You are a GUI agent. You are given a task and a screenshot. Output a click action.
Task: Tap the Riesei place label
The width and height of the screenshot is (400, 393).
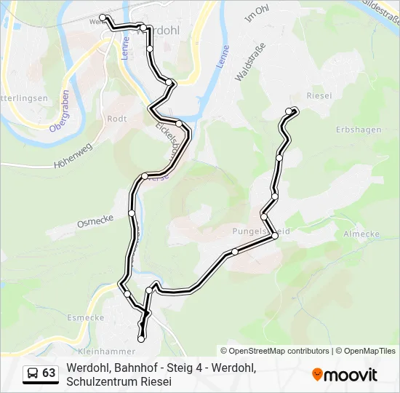tap(319, 95)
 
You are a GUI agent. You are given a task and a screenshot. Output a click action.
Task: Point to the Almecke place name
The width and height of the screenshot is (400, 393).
tap(361, 234)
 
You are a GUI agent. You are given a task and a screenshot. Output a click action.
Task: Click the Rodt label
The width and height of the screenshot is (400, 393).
tap(116, 119)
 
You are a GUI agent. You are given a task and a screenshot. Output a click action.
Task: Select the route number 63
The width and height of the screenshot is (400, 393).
tap(49, 373)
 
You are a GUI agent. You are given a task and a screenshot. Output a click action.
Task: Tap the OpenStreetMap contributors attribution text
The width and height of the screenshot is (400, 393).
tap(274, 351)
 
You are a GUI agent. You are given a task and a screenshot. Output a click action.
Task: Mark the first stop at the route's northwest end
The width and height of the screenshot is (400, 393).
tap(103, 17)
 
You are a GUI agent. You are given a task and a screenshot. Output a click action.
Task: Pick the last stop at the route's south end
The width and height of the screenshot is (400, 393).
tap(141, 338)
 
